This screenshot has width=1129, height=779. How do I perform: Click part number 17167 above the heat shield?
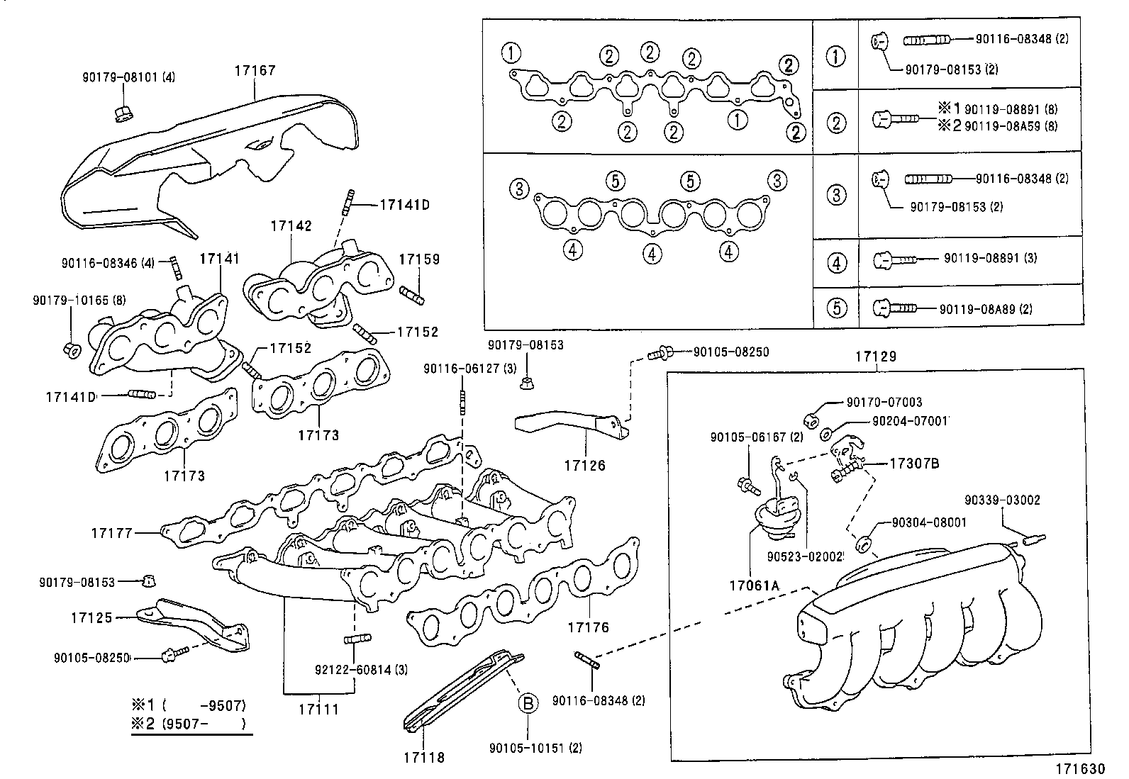pos(255,71)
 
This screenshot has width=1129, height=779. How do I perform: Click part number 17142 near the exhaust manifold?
pos(291,226)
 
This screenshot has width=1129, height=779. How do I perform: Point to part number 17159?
pos(418,259)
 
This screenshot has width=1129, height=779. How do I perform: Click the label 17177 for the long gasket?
pos(112,532)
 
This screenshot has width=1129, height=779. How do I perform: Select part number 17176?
pos(588,627)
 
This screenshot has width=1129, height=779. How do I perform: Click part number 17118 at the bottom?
pos(423,757)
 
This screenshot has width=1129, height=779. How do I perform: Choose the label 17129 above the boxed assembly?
pos(875,357)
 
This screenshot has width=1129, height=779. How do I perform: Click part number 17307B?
pos(915,464)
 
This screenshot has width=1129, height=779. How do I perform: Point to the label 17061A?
pos(754,585)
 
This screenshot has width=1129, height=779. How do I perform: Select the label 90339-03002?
pos(1002,500)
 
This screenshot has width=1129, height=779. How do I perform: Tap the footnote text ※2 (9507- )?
pos(189,724)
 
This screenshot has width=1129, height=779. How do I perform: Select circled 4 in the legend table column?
pos(837,263)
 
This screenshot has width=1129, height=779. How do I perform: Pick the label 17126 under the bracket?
pos(585,465)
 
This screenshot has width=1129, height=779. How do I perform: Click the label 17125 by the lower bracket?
pos(91,618)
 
